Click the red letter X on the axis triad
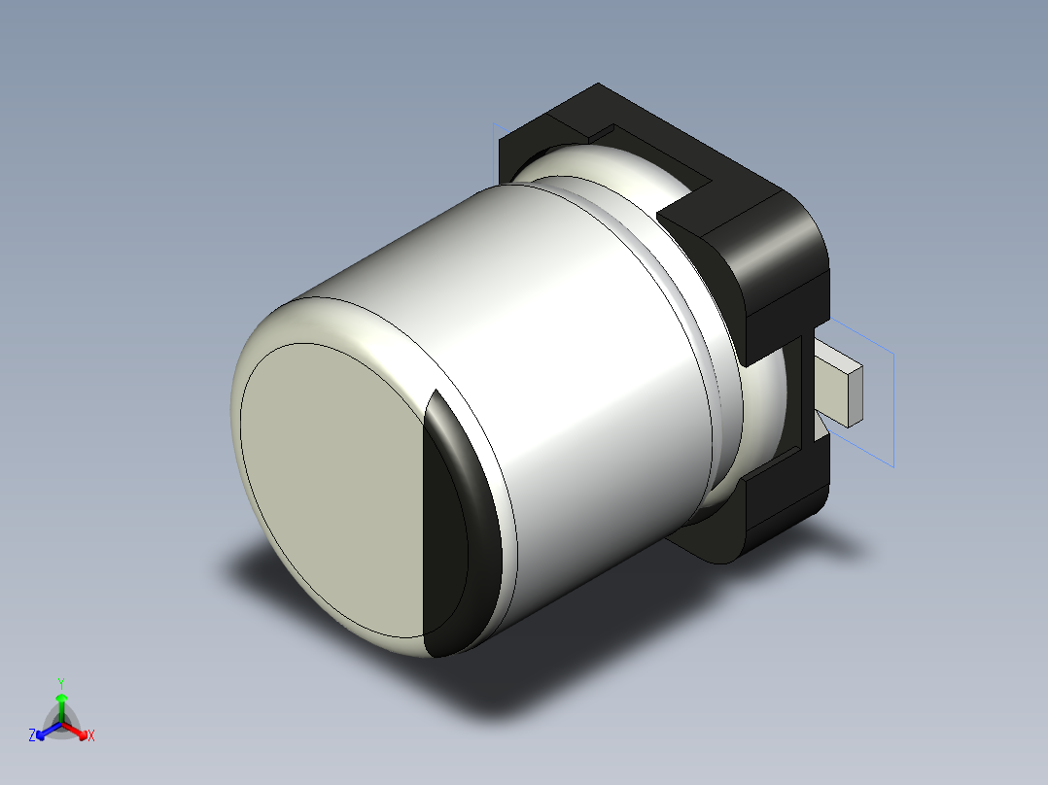coord(91,735)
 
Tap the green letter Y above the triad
coord(61,683)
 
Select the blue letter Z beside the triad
coord(32,735)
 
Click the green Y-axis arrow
coord(61,701)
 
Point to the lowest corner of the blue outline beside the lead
coord(892,467)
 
